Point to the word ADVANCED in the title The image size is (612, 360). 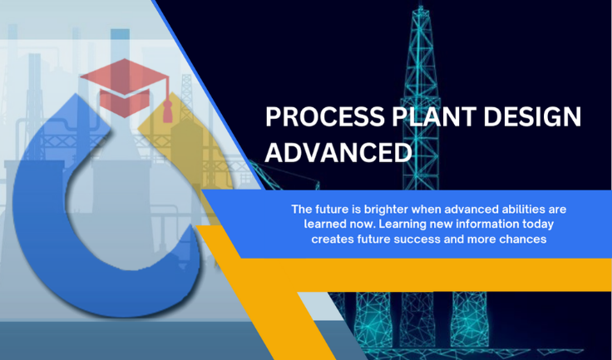[x=338, y=152]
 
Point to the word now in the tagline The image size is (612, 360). [x=366, y=224]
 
